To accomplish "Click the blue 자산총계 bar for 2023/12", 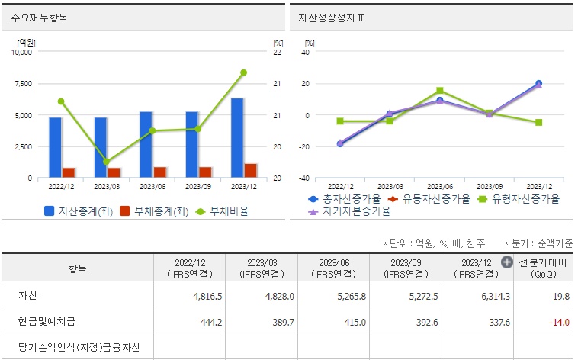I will (x=237, y=138).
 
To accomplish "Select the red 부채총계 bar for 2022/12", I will (x=69, y=172).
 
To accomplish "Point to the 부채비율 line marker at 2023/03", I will (x=106, y=162).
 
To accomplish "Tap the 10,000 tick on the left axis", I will (x=21, y=53).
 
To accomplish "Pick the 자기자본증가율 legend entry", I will (x=352, y=212).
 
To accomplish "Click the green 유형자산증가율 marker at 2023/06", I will (x=440, y=91).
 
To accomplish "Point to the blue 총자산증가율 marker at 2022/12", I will (x=340, y=143).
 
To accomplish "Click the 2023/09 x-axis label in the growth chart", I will (x=489, y=186).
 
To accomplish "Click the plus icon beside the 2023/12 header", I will (x=506, y=262).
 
